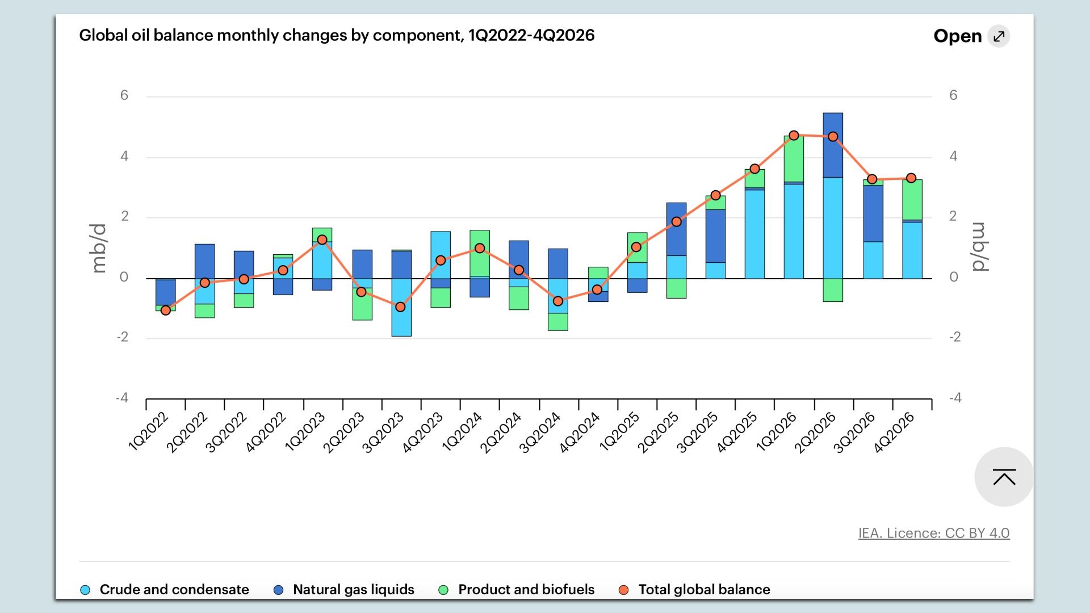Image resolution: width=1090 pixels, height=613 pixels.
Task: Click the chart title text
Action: (x=337, y=35)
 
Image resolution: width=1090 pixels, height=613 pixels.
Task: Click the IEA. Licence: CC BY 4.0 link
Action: (x=933, y=534)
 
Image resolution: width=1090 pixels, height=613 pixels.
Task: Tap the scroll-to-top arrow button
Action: (x=1004, y=477)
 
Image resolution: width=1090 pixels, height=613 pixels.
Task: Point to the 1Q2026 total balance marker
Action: (x=794, y=136)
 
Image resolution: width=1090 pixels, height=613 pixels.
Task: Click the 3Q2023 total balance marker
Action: (x=400, y=307)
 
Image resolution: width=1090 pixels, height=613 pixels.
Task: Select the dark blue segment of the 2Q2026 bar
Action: (x=833, y=145)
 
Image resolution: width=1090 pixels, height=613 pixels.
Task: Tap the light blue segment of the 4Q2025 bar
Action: (x=754, y=234)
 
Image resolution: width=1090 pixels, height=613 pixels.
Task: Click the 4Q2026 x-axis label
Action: (x=894, y=433)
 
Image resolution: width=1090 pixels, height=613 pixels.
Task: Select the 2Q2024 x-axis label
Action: (x=501, y=433)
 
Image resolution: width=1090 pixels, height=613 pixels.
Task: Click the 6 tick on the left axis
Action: (x=124, y=95)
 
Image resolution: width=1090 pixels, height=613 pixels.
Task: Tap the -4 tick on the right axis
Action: (x=955, y=398)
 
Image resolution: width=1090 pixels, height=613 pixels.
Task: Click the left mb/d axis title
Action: (x=99, y=248)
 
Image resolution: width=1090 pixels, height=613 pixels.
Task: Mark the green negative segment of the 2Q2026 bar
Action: (x=833, y=290)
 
